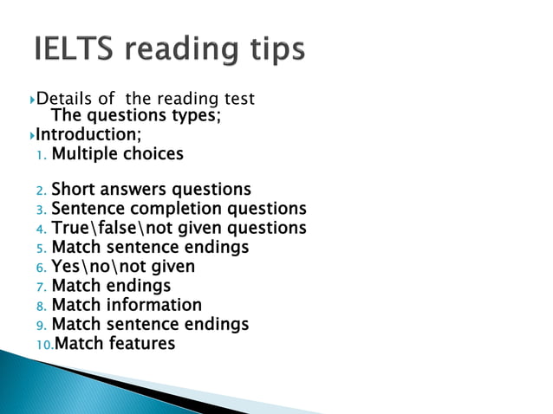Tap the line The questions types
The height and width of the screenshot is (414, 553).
click(136, 116)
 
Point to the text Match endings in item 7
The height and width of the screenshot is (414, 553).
click(111, 286)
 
